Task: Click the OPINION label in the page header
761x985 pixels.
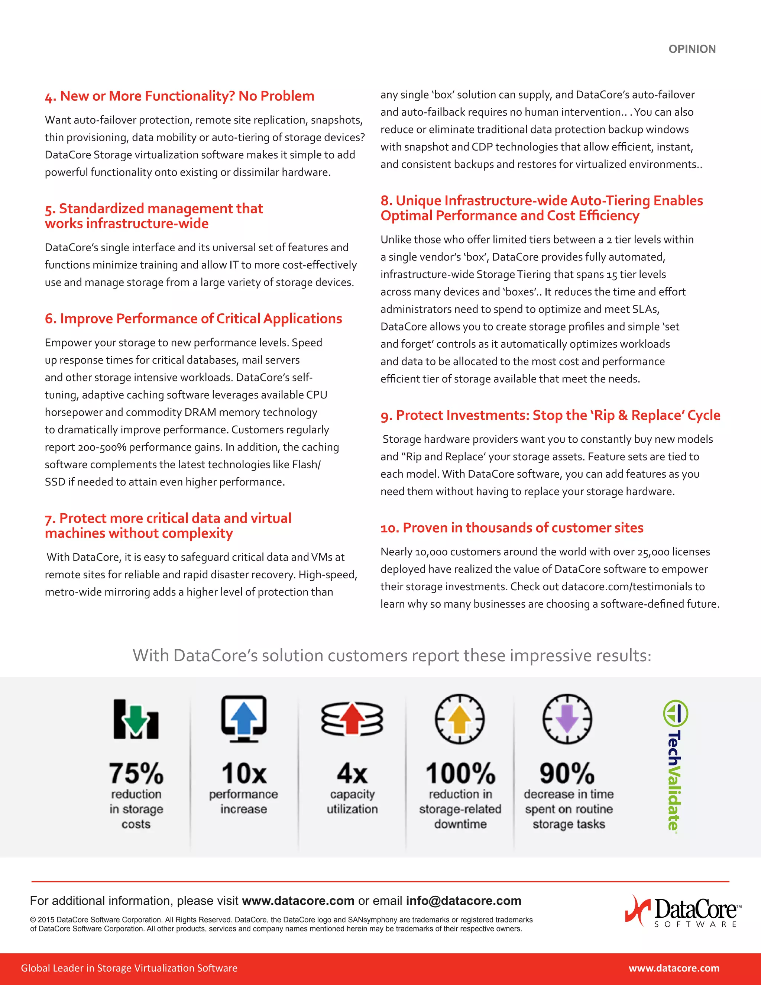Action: tap(692, 49)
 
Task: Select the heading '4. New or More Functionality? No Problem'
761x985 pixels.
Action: tap(179, 96)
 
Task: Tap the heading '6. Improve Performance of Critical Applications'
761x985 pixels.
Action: tap(193, 319)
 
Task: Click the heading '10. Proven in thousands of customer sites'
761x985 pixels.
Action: tap(512, 528)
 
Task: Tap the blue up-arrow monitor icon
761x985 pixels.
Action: tap(243, 718)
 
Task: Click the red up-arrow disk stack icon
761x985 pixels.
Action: tap(352, 718)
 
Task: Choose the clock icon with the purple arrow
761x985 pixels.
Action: tap(567, 718)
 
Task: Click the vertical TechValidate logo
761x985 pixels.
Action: tap(674, 765)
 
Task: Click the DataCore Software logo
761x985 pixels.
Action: tap(683, 911)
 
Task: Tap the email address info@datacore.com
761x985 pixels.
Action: tap(463, 901)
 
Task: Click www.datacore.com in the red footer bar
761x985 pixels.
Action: tap(674, 968)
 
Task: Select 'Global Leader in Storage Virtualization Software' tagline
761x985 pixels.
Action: tap(129, 968)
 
